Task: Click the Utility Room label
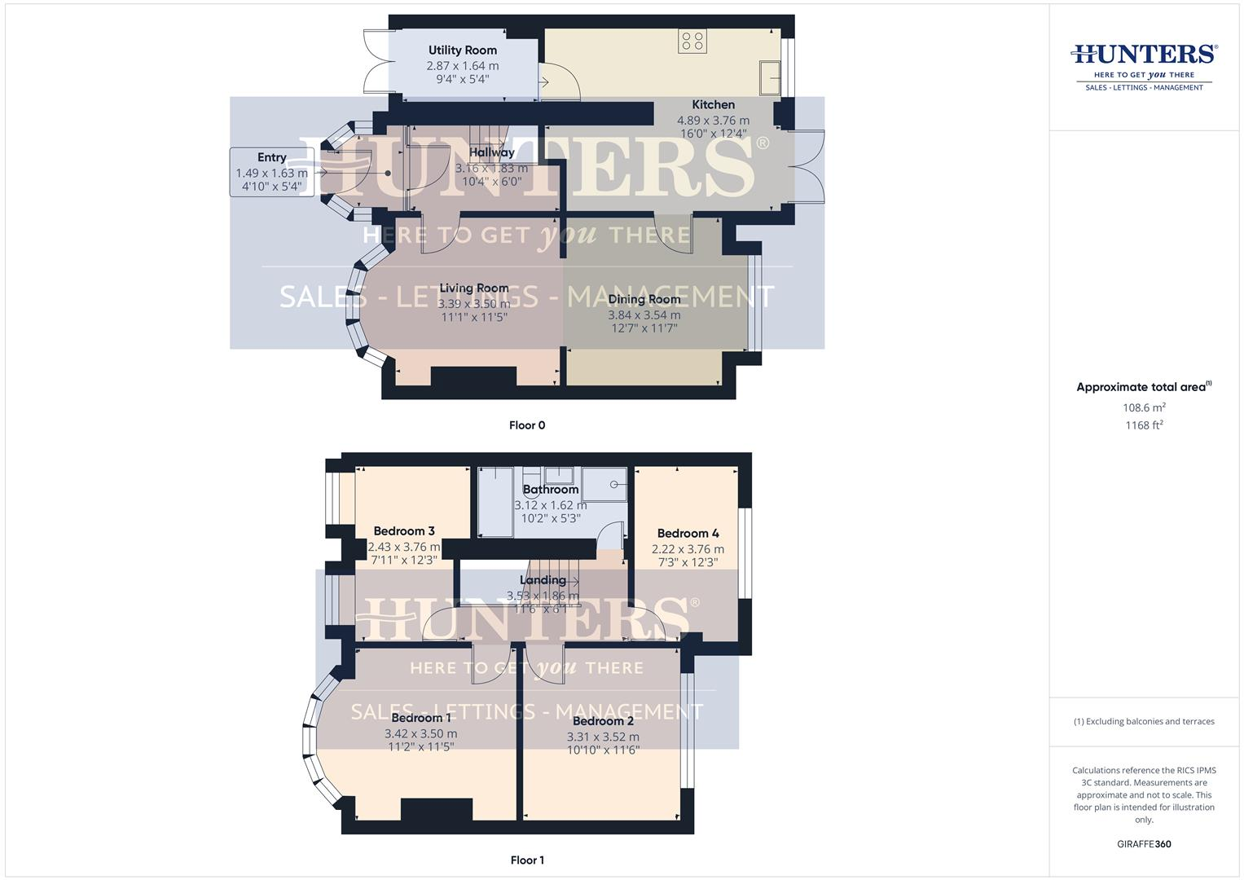462,51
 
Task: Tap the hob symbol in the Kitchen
692,42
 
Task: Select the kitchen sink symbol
770,77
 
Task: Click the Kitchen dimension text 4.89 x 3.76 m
713,121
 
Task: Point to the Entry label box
272,172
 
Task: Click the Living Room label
473,288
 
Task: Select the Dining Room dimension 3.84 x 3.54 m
644,315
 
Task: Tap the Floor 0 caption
527,425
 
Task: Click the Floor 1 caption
527,860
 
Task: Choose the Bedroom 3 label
404,531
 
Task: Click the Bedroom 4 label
688,534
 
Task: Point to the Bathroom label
551,490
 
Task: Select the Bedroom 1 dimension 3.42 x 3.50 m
420,734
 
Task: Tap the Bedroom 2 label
603,721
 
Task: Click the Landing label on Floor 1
543,580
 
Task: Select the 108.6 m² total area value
1144,408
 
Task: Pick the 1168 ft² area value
1144,425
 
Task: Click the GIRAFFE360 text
1144,844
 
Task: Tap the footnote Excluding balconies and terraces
1144,722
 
